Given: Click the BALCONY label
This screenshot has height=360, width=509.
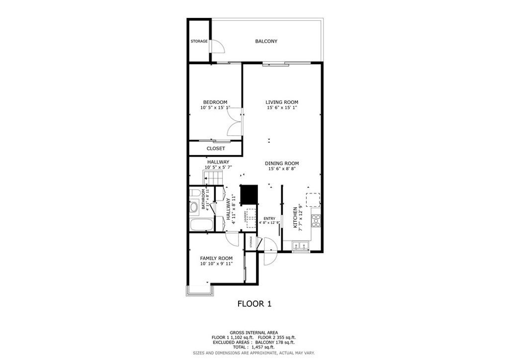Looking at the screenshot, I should (x=266, y=41).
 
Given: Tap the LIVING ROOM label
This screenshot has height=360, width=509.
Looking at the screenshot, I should (x=281, y=102).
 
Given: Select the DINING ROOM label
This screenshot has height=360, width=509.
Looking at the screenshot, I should (x=281, y=163).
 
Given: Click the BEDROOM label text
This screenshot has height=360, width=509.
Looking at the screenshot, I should (x=215, y=102).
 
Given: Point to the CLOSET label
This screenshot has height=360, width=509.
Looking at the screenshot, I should (x=216, y=148).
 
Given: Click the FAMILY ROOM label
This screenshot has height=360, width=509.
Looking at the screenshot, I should (x=216, y=258).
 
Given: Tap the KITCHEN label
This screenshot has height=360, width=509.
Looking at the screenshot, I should (x=295, y=218).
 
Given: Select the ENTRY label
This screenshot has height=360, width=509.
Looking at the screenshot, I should (x=269, y=218).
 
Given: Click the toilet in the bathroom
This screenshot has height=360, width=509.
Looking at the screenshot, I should (x=194, y=192).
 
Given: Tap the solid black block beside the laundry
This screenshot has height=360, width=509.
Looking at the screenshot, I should (x=249, y=194).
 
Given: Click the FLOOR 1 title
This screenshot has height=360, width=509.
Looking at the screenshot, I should (x=254, y=303).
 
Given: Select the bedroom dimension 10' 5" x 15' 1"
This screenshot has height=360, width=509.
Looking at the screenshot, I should (x=215, y=107).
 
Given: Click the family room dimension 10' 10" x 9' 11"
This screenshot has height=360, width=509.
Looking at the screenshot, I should (x=216, y=264).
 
